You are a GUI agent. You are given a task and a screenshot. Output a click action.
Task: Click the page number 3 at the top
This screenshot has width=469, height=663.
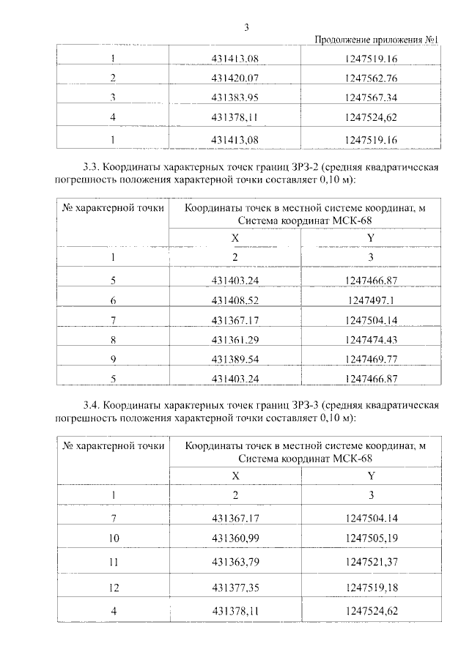point(247,28)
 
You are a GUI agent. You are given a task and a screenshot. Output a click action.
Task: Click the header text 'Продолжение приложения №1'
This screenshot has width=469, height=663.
point(376,40)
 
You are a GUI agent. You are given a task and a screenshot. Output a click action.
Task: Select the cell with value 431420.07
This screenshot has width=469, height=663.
point(235,78)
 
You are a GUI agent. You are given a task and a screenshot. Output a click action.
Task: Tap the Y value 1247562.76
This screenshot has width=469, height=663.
point(370,78)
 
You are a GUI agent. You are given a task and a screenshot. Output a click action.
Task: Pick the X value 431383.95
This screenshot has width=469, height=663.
point(235,97)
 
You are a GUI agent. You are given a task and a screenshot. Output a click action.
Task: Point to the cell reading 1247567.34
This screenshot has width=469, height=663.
point(370,97)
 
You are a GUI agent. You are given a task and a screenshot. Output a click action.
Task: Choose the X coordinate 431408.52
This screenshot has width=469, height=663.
point(235,300)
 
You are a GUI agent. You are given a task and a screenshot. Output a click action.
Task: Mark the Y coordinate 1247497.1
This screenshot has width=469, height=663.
point(370,300)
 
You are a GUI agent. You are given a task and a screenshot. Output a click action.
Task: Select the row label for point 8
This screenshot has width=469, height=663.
point(114,340)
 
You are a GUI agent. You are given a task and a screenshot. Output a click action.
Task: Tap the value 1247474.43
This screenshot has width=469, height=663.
point(370,340)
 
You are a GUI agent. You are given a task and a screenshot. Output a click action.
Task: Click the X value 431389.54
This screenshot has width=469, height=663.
point(235,360)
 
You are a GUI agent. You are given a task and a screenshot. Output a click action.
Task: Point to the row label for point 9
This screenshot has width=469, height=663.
point(114,360)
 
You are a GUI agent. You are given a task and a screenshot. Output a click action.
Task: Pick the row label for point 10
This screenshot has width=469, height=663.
point(114,539)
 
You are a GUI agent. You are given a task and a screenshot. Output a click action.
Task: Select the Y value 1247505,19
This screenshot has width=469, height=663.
point(370,539)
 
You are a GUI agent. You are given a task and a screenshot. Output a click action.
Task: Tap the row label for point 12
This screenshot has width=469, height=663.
point(114,588)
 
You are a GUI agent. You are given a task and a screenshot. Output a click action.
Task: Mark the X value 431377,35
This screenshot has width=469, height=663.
point(235,588)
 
